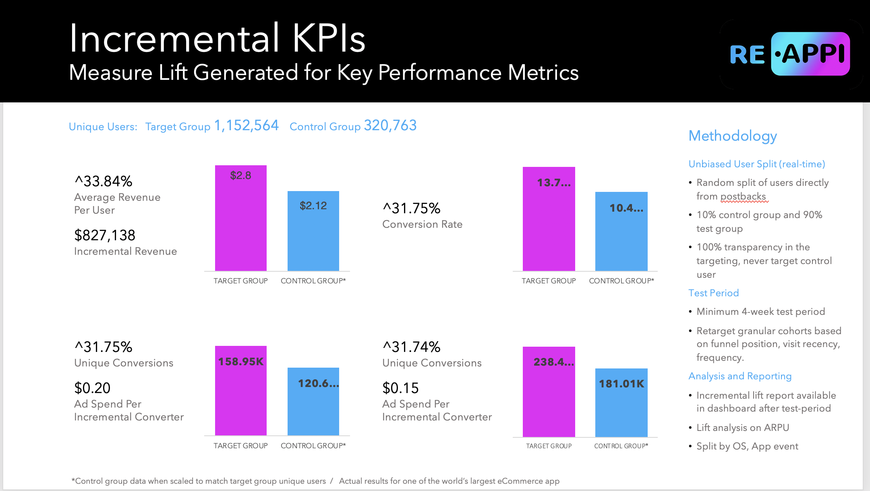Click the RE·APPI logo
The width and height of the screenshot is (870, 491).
click(790, 54)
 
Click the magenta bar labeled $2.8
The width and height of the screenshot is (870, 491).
click(240, 218)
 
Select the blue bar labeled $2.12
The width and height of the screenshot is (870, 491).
click(313, 231)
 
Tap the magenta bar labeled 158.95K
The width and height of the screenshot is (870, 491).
click(240, 390)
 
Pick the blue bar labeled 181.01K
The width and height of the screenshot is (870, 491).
click(621, 402)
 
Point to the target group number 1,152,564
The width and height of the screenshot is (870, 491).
click(246, 125)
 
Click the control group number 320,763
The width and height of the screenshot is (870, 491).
click(390, 125)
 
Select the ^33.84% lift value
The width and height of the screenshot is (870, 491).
click(104, 181)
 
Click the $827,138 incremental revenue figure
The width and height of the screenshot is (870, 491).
click(105, 235)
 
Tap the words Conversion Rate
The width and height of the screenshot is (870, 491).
click(422, 224)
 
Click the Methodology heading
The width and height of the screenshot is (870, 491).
click(732, 136)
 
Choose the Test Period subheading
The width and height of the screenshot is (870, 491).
click(713, 293)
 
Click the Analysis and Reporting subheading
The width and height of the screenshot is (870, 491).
click(740, 376)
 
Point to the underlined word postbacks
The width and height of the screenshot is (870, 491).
click(743, 196)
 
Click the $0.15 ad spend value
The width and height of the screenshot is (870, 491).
click(400, 388)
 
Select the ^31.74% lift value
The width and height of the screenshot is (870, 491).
click(411, 347)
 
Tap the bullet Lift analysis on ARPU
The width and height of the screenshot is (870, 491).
click(742, 427)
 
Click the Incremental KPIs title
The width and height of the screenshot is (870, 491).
click(217, 38)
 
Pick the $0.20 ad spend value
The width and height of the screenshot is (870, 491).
click(92, 388)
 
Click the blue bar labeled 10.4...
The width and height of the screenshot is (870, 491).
click(621, 231)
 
